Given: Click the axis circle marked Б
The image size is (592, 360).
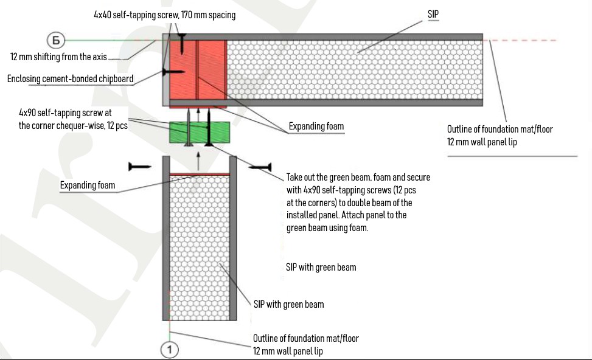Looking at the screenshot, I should coord(55,40).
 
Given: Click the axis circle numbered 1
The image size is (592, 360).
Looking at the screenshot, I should coord(170,350).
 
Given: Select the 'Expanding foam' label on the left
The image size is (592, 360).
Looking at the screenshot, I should coord(88,185).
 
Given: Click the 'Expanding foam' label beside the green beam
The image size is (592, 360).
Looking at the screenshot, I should coord(316,126).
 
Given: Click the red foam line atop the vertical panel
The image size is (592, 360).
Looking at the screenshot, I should coord(198,175).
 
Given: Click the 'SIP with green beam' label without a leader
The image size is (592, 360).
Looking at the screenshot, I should coord(321,267).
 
